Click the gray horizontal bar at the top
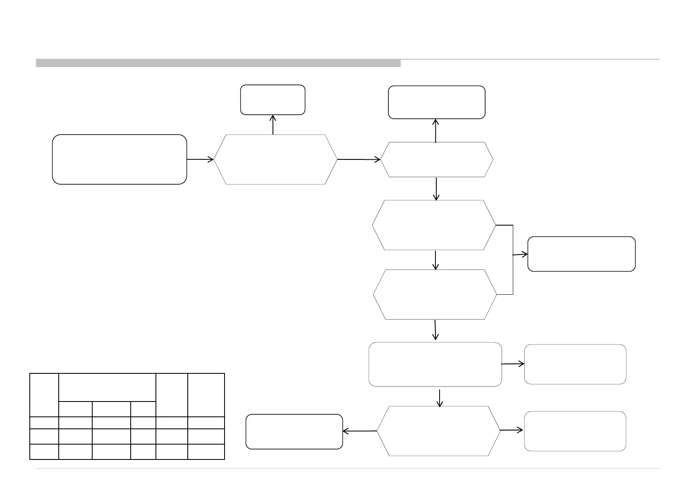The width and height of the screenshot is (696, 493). [218, 63]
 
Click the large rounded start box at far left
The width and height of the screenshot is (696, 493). [119, 159]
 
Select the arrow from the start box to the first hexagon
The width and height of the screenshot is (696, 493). [200, 159]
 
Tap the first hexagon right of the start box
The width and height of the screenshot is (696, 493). [275, 159]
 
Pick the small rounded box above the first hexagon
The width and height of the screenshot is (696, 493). [273, 100]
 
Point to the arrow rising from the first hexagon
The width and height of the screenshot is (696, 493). [273, 124]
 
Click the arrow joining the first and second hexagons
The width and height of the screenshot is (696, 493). [359, 159]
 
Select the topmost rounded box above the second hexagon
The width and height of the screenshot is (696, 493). [436, 102]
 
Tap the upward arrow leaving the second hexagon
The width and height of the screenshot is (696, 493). [436, 130]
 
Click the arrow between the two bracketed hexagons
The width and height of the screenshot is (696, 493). [435, 260]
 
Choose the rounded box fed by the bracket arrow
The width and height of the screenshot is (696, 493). [581, 254]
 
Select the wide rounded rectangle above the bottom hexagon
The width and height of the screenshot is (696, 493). [435, 364]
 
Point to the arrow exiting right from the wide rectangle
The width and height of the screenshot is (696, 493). [513, 364]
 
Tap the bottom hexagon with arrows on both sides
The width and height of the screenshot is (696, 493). [438, 430]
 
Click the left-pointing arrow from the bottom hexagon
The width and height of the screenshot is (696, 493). [360, 431]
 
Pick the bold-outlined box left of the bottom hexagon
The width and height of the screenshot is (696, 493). [294, 431]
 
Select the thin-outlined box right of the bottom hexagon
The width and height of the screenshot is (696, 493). [575, 431]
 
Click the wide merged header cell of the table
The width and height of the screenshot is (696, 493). [107, 387]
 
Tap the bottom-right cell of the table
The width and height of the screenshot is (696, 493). [206, 452]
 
